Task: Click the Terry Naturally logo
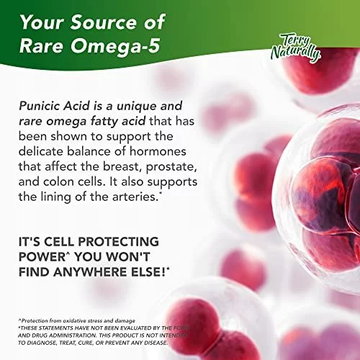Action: [x=296, y=49]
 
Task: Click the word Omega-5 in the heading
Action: [x=115, y=45]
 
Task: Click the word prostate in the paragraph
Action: [x=171, y=167]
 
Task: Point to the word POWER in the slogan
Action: [x=42, y=257]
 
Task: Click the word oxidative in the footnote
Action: [x=73, y=320]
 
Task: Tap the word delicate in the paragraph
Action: [x=41, y=151]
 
